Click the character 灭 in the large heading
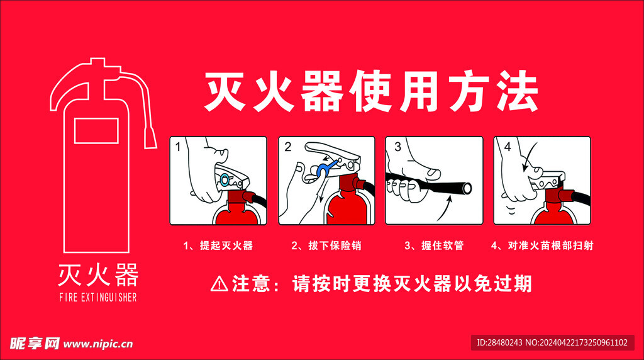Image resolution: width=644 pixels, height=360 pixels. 226,91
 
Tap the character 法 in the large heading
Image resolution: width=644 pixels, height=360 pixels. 516,91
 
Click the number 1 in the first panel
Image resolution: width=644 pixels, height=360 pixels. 178,147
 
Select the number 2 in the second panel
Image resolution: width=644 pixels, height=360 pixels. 287,147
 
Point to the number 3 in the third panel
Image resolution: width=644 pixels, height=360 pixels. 397,147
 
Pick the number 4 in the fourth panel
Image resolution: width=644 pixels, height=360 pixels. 508,147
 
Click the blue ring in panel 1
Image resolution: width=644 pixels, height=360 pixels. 225,179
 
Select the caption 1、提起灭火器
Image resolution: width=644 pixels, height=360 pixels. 218,245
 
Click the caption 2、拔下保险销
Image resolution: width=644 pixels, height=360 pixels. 326,245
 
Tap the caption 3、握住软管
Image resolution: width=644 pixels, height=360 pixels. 434,245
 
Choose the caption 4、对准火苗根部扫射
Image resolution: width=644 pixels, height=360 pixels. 542,245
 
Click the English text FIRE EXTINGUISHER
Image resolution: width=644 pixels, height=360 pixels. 97,297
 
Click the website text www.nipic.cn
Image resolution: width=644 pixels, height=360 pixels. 98,344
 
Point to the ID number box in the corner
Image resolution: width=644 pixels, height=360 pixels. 552,343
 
